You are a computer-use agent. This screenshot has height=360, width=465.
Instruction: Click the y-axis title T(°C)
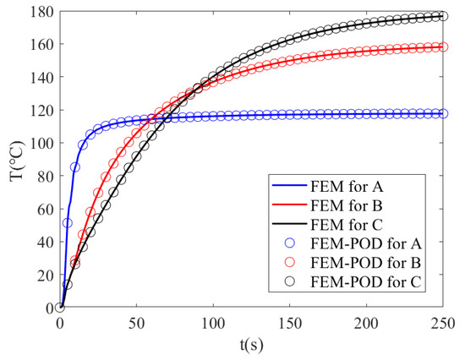tap(14, 158)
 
